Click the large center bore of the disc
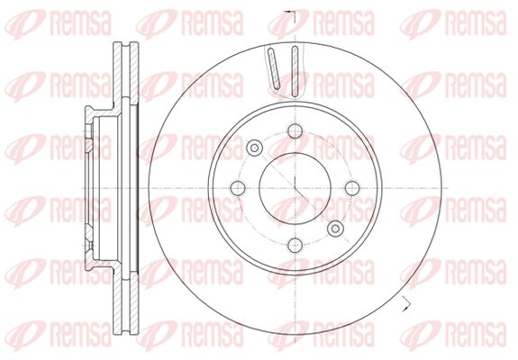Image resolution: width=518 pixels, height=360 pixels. coord(295,188)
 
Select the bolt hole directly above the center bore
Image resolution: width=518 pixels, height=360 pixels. coord(295,131)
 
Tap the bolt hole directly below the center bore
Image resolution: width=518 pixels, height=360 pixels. coord(295,245)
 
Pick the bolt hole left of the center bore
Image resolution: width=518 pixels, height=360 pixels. coord(238,188)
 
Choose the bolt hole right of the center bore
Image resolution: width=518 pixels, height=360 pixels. coord(352,188)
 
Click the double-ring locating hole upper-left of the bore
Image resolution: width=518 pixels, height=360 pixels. coord(254,148)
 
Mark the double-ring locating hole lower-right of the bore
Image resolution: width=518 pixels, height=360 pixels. coord(336,229)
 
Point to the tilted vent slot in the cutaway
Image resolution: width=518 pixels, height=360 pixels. coord(274,68)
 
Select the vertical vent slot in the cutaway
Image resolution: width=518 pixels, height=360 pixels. coord(295,72)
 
